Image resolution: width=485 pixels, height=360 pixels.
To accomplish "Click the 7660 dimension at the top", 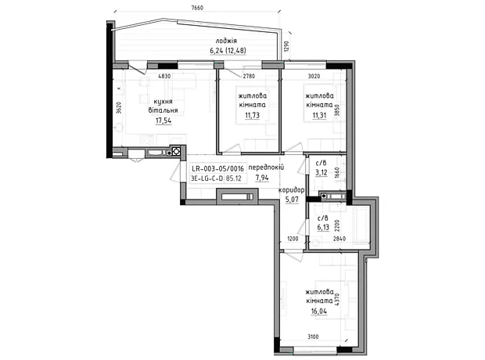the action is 197,8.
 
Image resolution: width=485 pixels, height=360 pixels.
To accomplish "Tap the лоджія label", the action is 226,41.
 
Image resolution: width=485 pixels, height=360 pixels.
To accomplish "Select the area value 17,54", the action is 163,121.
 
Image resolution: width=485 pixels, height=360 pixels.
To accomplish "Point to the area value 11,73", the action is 252,116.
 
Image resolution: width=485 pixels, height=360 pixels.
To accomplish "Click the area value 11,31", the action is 319,116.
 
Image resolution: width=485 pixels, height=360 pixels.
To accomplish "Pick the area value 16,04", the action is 319,311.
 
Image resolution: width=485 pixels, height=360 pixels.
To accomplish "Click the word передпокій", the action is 266,167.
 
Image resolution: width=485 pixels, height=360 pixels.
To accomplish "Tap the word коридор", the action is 291,190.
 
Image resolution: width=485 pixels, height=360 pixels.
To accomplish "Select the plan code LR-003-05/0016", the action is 217,169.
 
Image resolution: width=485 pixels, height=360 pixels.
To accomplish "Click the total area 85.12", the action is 234,178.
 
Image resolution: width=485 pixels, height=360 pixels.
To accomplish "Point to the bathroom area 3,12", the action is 322,172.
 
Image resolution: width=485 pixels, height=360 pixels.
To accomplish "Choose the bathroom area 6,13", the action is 323,228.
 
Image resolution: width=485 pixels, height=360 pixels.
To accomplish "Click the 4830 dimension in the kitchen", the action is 164,76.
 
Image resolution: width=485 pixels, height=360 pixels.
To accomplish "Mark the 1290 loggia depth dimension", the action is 286,46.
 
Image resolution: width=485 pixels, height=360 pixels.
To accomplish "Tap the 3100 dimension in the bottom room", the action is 313,337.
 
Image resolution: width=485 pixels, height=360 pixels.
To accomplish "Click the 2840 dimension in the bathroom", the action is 339,239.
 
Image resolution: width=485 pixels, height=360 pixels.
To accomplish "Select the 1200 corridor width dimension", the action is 293,239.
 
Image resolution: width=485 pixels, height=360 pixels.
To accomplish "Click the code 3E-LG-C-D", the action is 207,178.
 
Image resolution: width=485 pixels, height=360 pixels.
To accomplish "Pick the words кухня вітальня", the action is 163,106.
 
